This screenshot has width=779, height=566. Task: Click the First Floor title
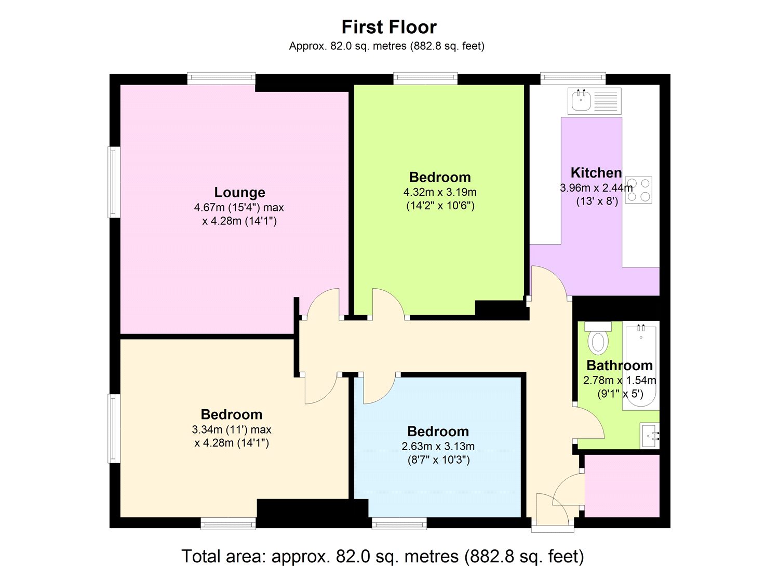coord(389,26)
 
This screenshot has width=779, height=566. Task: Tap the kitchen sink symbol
coord(595,101)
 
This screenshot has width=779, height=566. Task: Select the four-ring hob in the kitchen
coord(639,190)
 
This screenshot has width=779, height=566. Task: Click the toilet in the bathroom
coord(598,339)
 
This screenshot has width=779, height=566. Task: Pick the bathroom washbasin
coord(650,435)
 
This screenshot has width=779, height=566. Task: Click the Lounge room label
coord(239,192)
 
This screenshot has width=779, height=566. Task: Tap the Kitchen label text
coord(596,172)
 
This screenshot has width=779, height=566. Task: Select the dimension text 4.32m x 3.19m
coord(440,192)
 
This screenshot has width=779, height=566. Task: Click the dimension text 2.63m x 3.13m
coord(438,446)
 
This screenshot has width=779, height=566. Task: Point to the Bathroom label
coord(619,365)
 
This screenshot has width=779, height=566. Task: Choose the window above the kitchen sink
coord(573,78)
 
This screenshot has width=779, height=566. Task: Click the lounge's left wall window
coord(114,182)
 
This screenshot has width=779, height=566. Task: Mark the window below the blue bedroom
coord(399,523)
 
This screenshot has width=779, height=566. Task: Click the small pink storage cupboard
coord(622,486)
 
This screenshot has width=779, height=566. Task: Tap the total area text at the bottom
coord(383,556)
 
